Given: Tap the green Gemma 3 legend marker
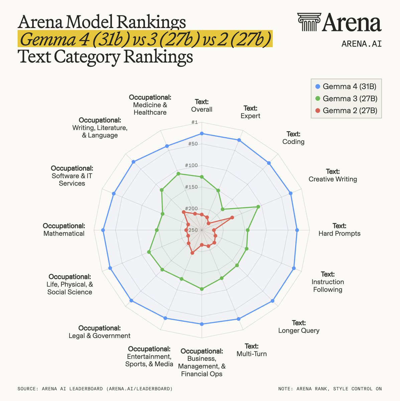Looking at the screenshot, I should [317, 99].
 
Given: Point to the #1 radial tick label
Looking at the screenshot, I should [194, 122].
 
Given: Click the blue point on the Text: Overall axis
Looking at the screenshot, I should [202, 134].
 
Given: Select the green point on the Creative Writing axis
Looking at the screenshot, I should [258, 207].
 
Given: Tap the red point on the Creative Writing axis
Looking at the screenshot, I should [232, 218].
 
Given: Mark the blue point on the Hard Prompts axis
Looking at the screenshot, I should [297, 230].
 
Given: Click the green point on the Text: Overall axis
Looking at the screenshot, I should [202, 177].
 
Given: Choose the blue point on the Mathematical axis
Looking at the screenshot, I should [103, 230].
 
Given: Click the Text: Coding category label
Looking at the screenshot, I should [293, 138].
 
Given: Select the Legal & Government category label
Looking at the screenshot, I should [100, 332].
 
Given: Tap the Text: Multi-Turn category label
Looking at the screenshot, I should [252, 350].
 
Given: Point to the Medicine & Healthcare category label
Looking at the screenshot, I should [150, 105].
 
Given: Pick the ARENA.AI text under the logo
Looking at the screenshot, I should [361, 43].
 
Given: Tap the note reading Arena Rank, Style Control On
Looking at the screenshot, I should [330, 389].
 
